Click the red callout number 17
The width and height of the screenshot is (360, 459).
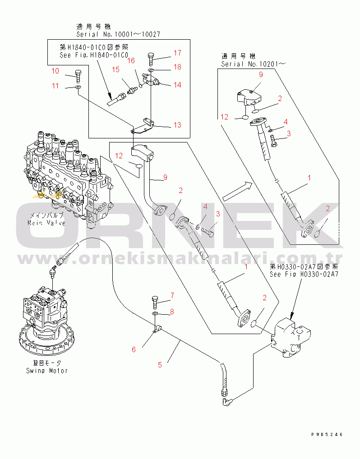tap(177, 54)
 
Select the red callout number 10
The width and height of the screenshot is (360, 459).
tap(55, 71)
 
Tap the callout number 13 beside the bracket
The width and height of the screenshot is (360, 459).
tap(177, 125)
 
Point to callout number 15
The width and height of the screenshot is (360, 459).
tap(116, 69)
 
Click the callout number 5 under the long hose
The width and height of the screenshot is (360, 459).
tap(160, 365)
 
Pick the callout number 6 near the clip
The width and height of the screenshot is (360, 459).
tap(134, 349)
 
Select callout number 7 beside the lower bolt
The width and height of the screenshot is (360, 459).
tap(172, 296)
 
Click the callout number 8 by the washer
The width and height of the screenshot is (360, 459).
tap(172, 312)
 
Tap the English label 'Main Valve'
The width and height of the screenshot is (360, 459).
tap(46, 223)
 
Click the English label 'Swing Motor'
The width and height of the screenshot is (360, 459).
tap(46, 371)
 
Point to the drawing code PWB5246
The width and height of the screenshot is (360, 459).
tap(327, 435)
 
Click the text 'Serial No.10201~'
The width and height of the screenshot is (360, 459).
tap(253, 64)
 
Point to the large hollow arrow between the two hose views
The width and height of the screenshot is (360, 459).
tap(236, 191)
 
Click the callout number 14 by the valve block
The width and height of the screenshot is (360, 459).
tap(177, 85)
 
